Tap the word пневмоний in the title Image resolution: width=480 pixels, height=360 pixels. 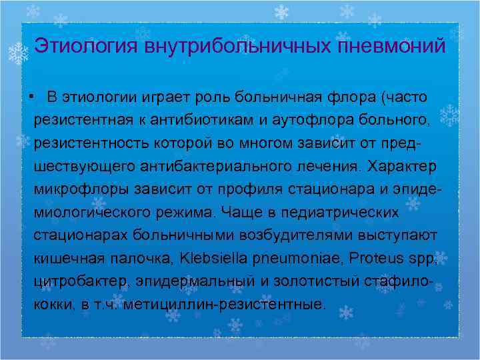point(391,47)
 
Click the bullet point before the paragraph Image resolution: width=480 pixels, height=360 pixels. point(32,97)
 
